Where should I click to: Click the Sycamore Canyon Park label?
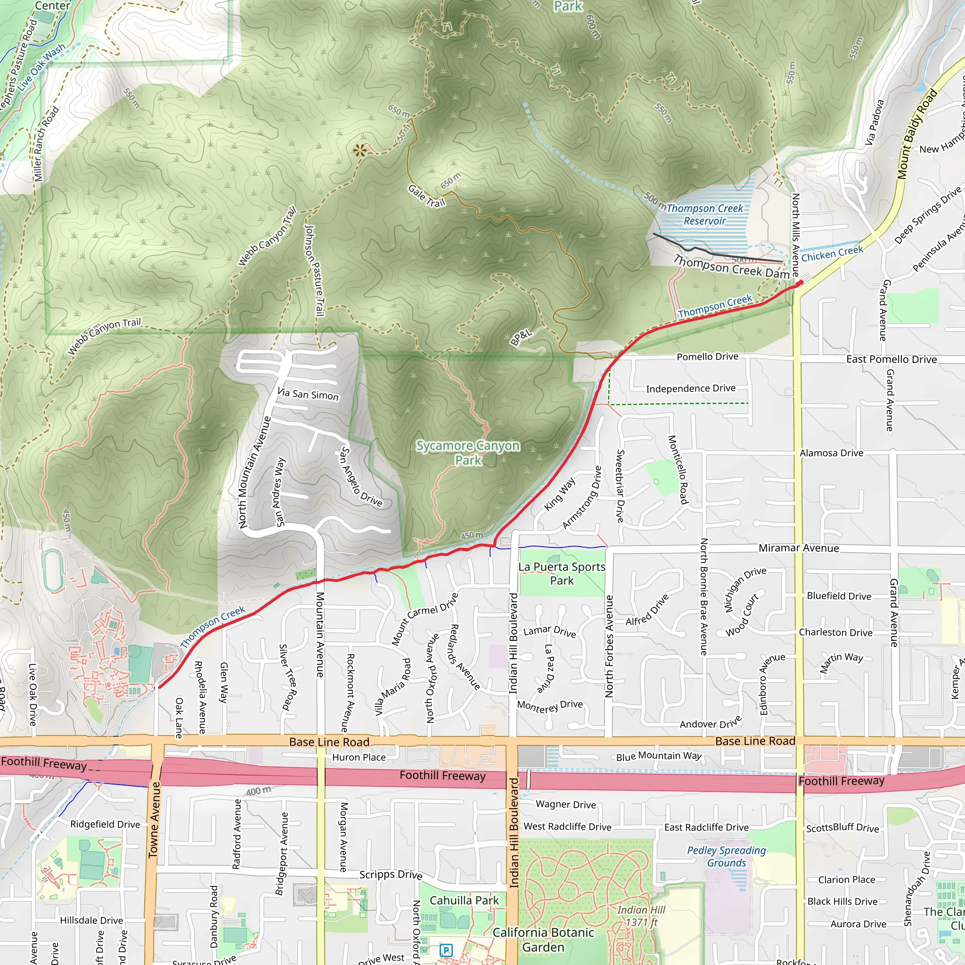pos(468,452)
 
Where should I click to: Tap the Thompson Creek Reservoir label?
pos(704,214)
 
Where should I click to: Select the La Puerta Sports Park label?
pos(562,573)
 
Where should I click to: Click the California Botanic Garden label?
pos(543,940)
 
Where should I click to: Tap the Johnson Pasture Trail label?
pos(315,270)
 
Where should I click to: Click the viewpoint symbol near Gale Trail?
pos(360,150)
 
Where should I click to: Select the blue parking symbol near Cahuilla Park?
pos(446,950)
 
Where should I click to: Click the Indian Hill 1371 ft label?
pos(641,916)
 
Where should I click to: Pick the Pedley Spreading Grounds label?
pos(726,857)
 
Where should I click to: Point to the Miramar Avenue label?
pos(799,548)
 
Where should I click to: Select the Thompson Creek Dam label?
pos(731,267)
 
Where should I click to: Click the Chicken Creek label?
pos(832,253)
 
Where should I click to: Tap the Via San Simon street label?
pos(308,394)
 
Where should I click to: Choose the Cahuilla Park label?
pos(464,900)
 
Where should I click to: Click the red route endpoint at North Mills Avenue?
pos(800,283)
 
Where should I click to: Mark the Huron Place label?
pos(359,757)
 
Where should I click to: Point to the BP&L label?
pos(521,338)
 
